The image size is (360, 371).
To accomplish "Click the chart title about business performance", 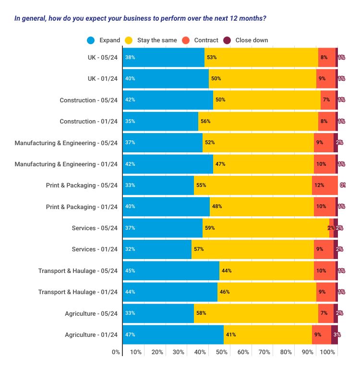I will tap(141, 19).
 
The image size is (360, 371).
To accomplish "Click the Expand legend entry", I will tap(104, 40).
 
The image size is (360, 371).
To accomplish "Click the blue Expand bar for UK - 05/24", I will tap(163, 57).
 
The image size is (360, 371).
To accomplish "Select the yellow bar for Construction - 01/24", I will tap(258, 122).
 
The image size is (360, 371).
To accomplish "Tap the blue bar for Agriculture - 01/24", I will tap(173, 334).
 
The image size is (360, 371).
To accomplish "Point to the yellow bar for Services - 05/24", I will tap(265, 228).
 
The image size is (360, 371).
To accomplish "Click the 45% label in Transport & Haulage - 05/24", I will tap(130, 271).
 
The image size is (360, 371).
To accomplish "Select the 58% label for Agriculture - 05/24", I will tap(202, 313).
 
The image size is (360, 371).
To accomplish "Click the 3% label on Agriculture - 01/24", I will tap(336, 334).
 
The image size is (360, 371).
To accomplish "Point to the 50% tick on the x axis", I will tap(222, 352).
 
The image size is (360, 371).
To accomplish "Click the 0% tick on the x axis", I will tap(116, 352).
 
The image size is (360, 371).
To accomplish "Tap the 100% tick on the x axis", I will tap(327, 352).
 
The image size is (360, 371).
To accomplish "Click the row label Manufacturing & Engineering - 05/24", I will tap(66, 143).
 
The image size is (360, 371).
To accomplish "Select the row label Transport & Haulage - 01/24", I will tap(78, 292).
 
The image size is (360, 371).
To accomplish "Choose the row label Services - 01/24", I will tap(95, 249).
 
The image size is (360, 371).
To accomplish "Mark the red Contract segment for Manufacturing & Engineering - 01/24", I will tap(324, 164).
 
